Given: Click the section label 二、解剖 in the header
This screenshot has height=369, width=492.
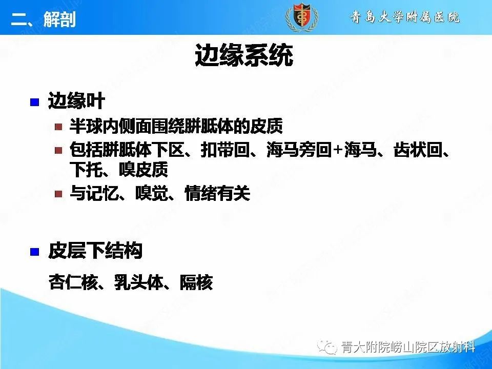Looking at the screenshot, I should tap(44, 19).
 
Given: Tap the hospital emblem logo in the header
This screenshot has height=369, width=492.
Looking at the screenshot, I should tap(301, 17).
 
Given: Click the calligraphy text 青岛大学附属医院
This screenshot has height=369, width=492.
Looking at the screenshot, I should tap(405, 17).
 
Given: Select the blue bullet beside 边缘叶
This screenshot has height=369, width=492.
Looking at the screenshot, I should tap(35, 101).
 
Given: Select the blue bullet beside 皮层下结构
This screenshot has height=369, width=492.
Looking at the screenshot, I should tap(35, 252).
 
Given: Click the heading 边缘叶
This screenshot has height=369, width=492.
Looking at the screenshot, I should tap(76, 101).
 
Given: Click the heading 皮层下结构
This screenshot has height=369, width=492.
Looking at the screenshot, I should tap(95, 251).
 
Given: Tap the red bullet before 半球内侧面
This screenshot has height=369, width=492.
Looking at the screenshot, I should tap(59, 126).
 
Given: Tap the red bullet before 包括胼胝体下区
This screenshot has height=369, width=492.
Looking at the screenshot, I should tap(59, 150).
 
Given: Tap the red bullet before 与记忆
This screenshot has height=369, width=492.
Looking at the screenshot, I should tap(59, 194).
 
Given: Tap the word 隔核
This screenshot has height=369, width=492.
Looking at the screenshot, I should tap(196, 282).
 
